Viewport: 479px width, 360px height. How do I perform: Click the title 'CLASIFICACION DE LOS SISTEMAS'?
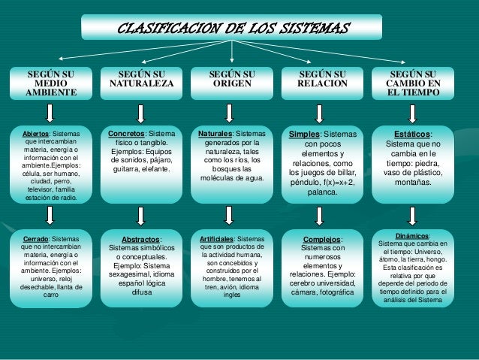coord(232,29)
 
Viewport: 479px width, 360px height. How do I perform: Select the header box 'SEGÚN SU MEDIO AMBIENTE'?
coord(51,83)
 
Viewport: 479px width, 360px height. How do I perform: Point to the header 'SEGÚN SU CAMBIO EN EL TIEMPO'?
coord(413,83)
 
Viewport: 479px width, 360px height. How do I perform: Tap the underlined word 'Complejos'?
coord(322,240)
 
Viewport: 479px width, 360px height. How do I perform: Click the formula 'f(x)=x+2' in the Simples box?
coord(335,182)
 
